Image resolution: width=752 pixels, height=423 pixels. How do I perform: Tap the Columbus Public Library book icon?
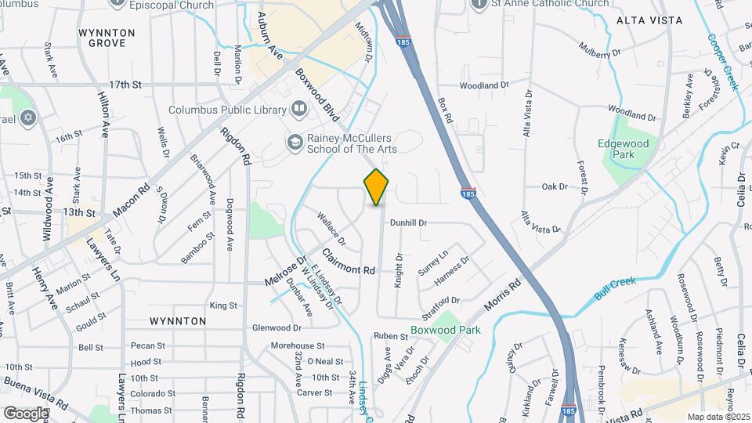[x=298, y=109]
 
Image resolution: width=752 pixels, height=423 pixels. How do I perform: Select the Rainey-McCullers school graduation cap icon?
[x=295, y=143]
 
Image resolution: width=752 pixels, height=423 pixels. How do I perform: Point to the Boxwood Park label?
[x=446, y=330]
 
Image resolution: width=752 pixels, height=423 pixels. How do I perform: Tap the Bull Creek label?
[x=615, y=291]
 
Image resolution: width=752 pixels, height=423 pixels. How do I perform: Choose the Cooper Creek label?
[x=723, y=62]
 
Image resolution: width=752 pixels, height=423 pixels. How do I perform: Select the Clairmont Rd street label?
[x=349, y=262]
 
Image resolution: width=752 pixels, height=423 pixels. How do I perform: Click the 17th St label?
[x=125, y=84]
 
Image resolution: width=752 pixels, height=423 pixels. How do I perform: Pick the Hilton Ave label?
[x=103, y=114]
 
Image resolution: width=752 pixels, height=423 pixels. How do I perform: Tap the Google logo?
[x=26, y=413]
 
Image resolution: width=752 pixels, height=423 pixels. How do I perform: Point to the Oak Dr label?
[x=554, y=186]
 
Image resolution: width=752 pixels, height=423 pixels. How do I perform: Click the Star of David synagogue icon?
[x=29, y=117]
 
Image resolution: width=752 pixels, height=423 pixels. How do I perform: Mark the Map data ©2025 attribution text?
[x=717, y=417]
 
